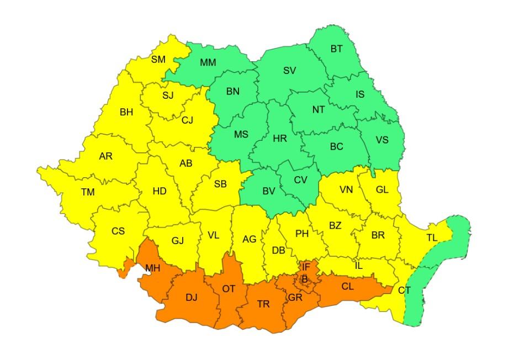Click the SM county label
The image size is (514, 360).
click(x=158, y=59)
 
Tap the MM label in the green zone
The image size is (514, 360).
click(x=208, y=62)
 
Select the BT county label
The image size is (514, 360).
click(x=336, y=49)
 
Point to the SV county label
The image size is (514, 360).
click(x=289, y=70)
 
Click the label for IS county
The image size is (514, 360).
click(x=359, y=94)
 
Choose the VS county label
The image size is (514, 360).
click(x=382, y=140)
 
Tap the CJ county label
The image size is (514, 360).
click(x=187, y=120)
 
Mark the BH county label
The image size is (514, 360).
click(x=126, y=112)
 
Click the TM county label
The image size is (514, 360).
click(x=88, y=192)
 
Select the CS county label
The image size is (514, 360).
click(x=118, y=231)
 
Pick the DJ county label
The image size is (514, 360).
click(x=191, y=298)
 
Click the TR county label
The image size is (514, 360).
click(x=263, y=304)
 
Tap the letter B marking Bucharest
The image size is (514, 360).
click(x=304, y=279)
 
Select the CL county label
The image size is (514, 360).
click(x=347, y=286)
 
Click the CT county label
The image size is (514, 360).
click(x=404, y=290)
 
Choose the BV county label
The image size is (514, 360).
click(x=268, y=191)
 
